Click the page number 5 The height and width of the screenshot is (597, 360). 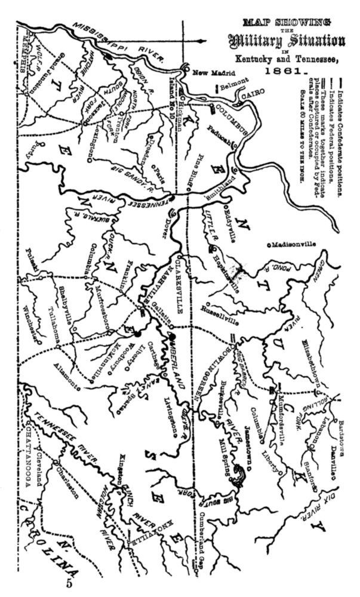(x=69, y=584)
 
